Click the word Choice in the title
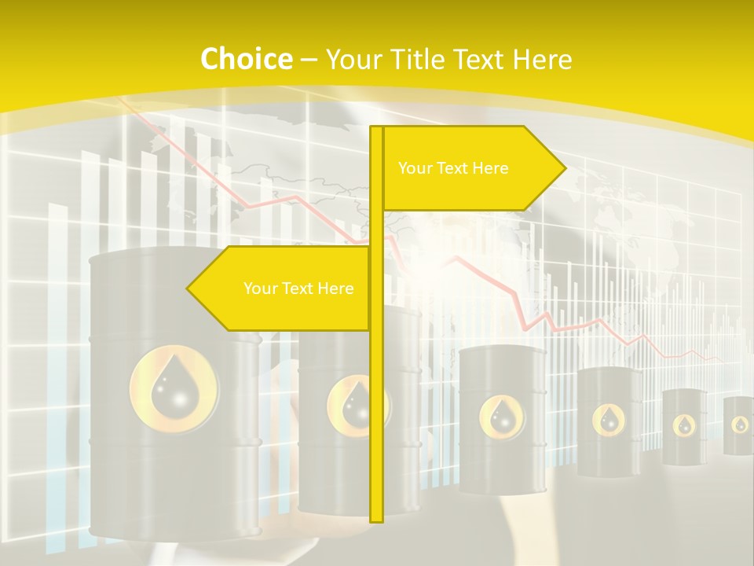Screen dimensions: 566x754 (x=246, y=59)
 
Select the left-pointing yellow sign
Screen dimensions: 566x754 (x=283, y=289)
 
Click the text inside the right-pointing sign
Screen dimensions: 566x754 (x=453, y=168)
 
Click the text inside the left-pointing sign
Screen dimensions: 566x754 (x=298, y=289)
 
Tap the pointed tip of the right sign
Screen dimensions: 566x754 (x=563, y=167)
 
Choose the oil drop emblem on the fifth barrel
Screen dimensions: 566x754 (x=684, y=425)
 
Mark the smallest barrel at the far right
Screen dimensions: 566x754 (x=738, y=425)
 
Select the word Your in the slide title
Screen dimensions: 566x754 (x=352, y=59)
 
